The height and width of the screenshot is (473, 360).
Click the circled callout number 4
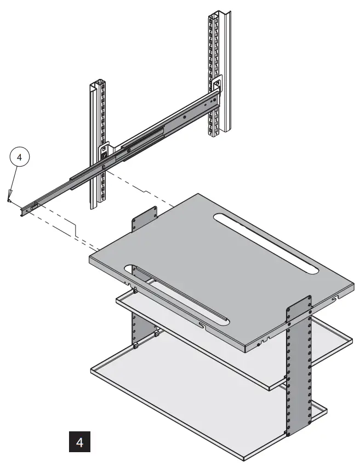(20, 157)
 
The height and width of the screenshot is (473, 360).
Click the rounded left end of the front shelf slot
(130, 270)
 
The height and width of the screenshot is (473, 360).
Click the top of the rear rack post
(216, 14)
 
